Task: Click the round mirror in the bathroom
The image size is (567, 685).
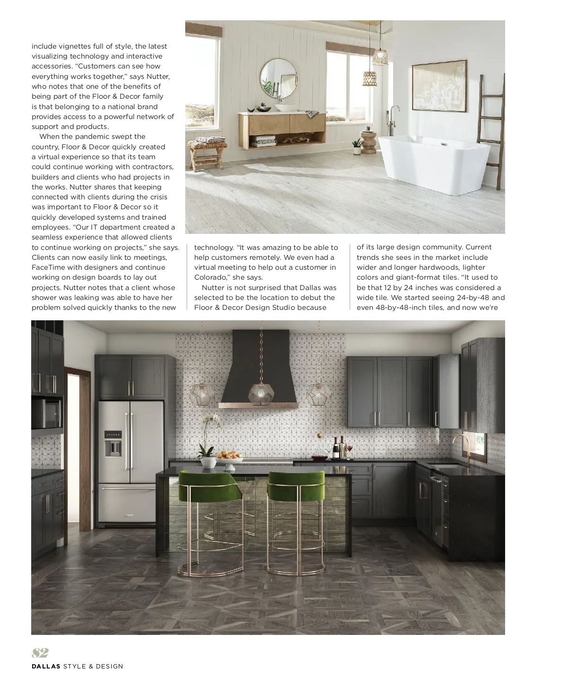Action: (279, 78)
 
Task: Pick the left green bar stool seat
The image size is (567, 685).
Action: (206, 487)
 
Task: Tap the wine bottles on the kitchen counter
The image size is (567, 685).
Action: (338, 447)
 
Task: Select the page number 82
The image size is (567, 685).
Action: (40, 653)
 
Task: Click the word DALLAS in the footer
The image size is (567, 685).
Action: (46, 667)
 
